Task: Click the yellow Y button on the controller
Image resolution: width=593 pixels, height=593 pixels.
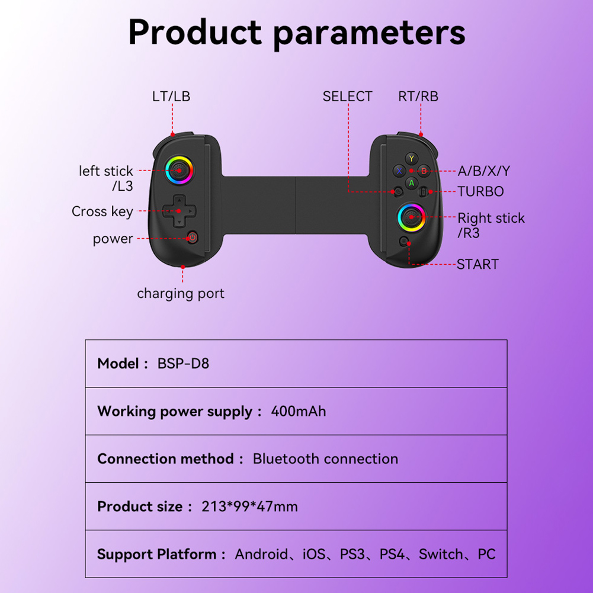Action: (x=412, y=158)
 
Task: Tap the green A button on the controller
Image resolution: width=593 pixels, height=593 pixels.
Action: (x=412, y=183)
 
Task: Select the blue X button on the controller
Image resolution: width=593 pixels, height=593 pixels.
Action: (x=399, y=171)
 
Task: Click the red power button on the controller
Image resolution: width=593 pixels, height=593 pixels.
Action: (x=192, y=238)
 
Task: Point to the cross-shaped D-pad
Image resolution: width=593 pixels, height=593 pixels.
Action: (x=178, y=211)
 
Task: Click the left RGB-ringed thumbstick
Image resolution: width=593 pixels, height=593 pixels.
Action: (x=178, y=171)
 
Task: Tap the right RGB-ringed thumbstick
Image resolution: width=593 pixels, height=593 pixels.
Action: (x=410, y=217)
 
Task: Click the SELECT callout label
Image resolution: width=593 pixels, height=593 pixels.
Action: (x=347, y=97)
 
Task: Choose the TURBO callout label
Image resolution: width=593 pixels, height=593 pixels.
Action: (x=480, y=191)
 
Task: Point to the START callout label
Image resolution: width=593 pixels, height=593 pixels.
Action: (x=477, y=264)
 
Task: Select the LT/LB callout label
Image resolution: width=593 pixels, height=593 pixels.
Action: (x=171, y=97)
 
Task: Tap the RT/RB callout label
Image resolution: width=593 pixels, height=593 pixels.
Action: (x=418, y=97)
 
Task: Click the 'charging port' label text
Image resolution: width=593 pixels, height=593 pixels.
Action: (x=181, y=293)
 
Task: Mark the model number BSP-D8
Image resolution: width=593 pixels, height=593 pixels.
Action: (x=183, y=363)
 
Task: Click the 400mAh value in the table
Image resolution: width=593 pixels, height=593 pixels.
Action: (x=298, y=411)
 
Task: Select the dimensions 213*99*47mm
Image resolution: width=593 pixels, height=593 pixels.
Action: (x=249, y=507)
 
